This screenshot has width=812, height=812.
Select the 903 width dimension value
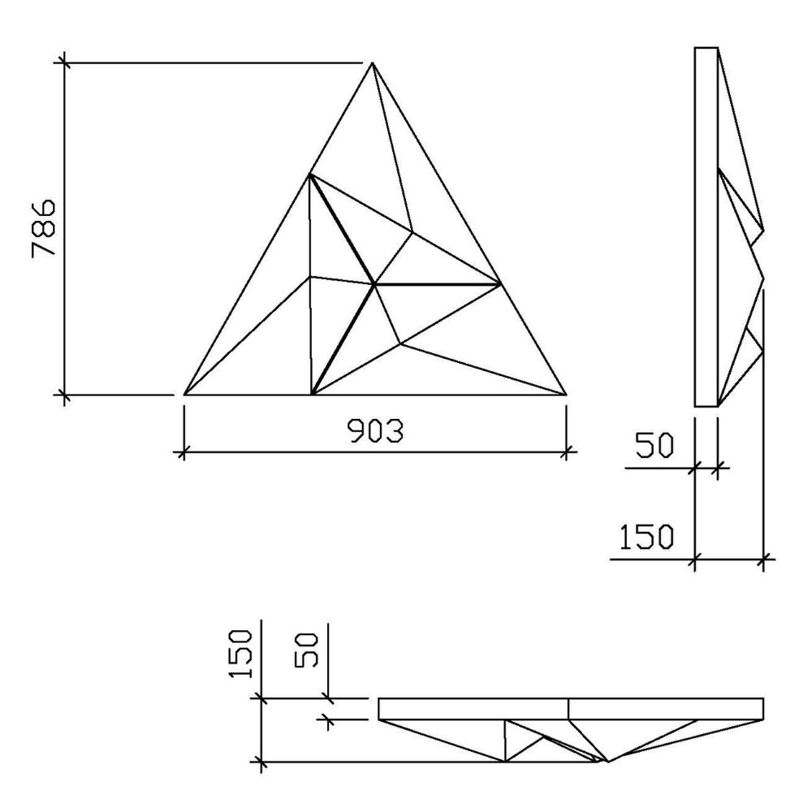(x=376, y=431)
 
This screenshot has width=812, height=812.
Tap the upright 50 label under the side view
(x=654, y=447)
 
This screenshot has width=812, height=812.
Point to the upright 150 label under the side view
(x=646, y=537)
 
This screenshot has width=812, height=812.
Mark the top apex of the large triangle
(x=372, y=63)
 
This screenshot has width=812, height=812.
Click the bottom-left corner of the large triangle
(x=185, y=395)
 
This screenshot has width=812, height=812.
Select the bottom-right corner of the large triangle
(x=566, y=395)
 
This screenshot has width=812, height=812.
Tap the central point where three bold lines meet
(x=374, y=284)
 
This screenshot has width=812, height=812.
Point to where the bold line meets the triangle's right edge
(x=501, y=283)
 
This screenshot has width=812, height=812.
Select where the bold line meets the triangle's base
(x=313, y=395)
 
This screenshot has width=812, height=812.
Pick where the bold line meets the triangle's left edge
(x=309, y=174)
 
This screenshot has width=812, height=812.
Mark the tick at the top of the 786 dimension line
(x=64, y=62)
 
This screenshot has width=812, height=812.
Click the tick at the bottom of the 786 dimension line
(x=64, y=395)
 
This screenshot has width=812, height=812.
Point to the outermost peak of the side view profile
(x=764, y=279)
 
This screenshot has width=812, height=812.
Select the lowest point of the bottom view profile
(x=605, y=762)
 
